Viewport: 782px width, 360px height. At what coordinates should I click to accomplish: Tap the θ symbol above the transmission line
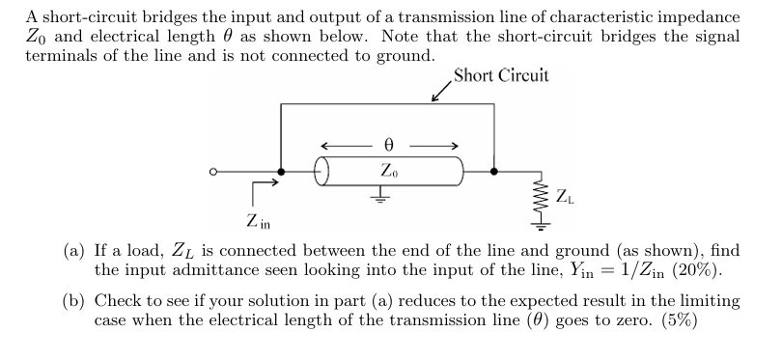click(x=389, y=145)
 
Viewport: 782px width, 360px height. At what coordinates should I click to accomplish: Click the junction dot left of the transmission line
click(x=280, y=173)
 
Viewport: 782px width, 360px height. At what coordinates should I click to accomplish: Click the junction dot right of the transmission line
click(x=494, y=173)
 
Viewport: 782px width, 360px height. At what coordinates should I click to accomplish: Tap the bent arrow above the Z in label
click(x=265, y=189)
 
